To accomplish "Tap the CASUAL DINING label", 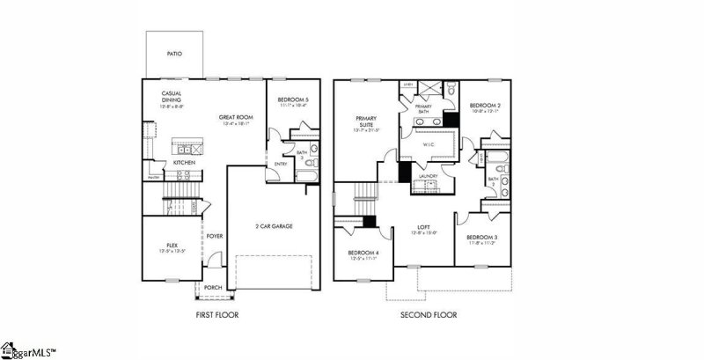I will [171, 97].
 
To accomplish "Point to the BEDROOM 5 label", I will [292, 99].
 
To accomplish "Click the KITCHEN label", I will [183, 162].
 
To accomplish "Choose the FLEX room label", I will [172, 246].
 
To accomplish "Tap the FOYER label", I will [214, 236].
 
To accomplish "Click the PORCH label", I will [213, 287].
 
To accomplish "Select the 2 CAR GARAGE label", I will [274, 226].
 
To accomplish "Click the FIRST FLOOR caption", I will [217, 314].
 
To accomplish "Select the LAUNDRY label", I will [429, 176].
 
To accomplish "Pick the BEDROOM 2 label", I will [486, 106].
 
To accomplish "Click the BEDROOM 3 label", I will [481, 238].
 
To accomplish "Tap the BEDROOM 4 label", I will [363, 253].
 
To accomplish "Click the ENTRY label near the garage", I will [281, 163].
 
